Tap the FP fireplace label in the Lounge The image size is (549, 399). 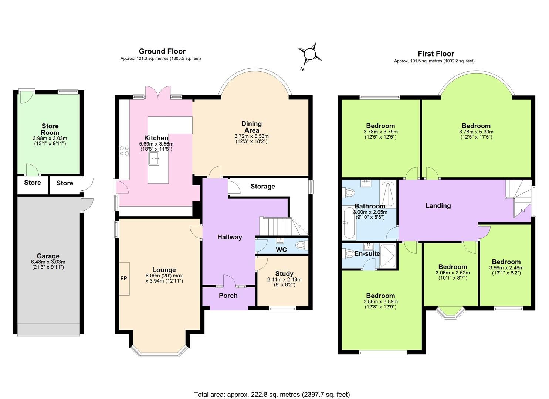[x=123, y=278]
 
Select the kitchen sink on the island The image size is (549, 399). [x=153, y=158]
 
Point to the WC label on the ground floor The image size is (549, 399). [x=281, y=250]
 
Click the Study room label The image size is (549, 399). [x=284, y=274]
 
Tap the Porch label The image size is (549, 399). [x=228, y=296]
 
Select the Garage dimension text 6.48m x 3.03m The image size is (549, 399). [x=48, y=262]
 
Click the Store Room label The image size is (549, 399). [x=50, y=129]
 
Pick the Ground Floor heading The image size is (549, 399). [x=162, y=51]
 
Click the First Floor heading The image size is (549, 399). [x=436, y=54]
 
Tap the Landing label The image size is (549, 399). [x=438, y=205]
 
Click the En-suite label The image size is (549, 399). [x=367, y=253]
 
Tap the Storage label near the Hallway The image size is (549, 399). [x=262, y=186]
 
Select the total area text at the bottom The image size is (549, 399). [x=272, y=394]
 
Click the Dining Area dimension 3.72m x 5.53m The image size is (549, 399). [x=251, y=136]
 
